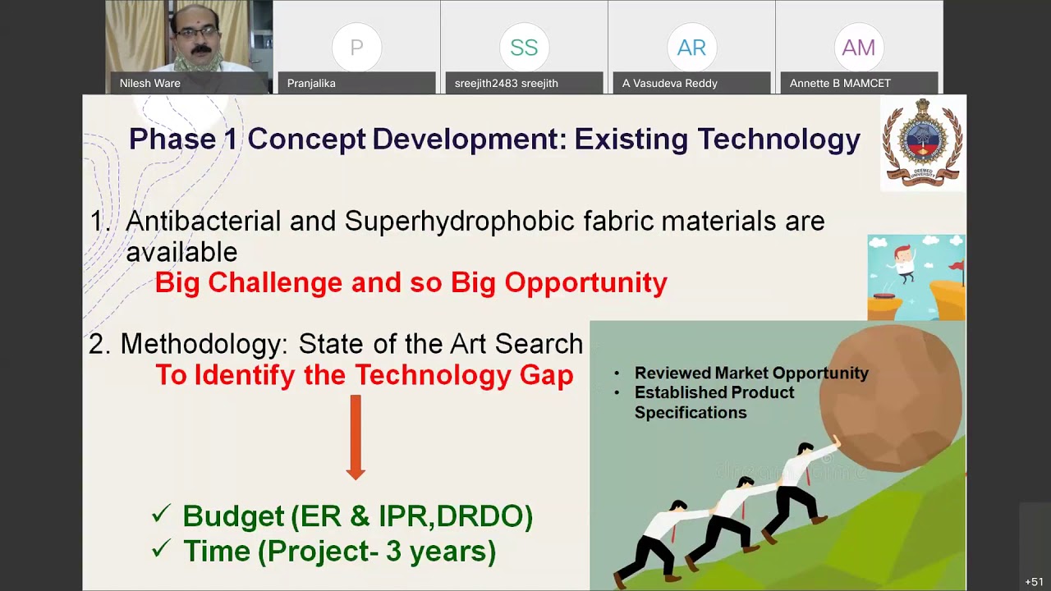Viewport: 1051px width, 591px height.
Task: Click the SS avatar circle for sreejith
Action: point(524,48)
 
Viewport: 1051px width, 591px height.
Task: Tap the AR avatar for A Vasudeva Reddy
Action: point(691,48)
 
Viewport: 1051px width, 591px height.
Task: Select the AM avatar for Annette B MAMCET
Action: point(858,48)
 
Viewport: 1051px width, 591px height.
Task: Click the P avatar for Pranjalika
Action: point(356,48)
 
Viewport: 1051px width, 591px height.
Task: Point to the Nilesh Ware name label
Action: point(150,83)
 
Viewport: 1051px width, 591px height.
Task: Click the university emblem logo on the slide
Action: point(922,143)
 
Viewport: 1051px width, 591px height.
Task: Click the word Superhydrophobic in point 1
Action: point(460,222)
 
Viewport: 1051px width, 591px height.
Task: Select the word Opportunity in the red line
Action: point(585,282)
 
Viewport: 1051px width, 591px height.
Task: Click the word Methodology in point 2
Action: point(204,344)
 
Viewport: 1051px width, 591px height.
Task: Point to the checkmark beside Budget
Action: point(161,515)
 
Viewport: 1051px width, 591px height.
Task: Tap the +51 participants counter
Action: point(1034,582)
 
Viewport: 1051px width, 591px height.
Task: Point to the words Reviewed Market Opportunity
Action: point(751,373)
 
